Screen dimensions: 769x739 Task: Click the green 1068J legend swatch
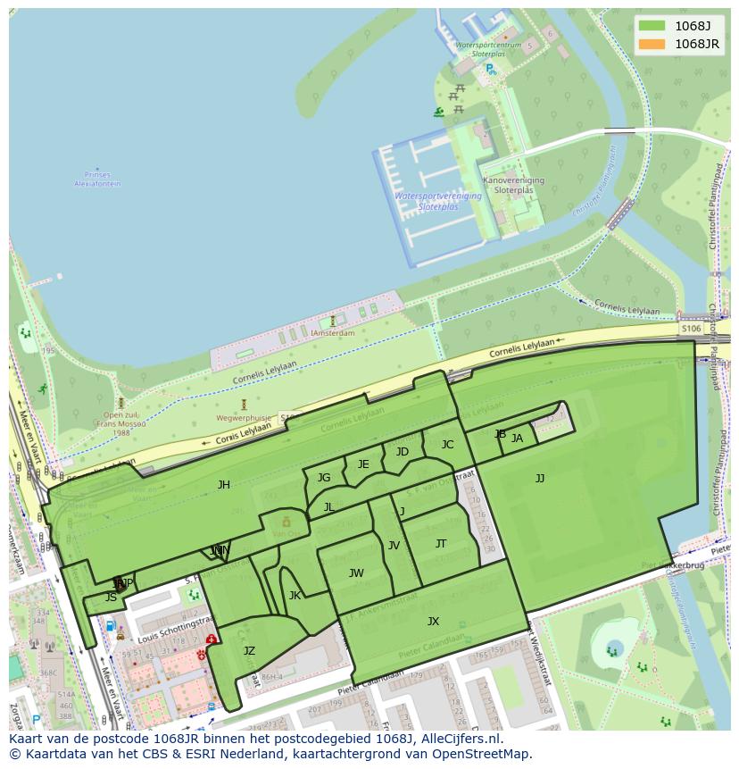tap(652, 26)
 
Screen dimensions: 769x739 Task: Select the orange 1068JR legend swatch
tap(652, 44)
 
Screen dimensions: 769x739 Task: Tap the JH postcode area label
tap(223, 485)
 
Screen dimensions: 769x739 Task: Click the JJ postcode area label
tap(540, 479)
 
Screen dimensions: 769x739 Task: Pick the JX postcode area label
tap(433, 622)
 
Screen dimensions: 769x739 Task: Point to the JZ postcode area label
tap(249, 651)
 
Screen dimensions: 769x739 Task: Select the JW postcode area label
tap(356, 573)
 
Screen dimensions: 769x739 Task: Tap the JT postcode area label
tap(441, 544)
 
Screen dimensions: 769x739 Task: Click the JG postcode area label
tap(324, 478)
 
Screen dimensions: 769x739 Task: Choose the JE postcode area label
tap(363, 464)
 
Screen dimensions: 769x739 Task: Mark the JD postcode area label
tap(403, 452)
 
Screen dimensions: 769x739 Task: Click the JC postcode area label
tap(447, 445)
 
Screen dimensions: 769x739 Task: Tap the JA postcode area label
tap(517, 439)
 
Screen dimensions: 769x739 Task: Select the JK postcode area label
tap(295, 596)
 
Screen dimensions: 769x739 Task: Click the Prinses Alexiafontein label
tap(97, 180)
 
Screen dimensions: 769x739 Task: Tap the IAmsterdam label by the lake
tap(332, 333)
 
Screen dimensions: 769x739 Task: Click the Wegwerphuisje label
tap(243, 417)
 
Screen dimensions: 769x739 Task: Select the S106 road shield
tap(691, 329)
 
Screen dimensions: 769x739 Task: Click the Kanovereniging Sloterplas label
tap(513, 185)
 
